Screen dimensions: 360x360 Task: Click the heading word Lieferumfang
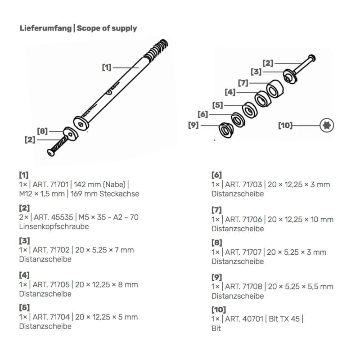[45, 28]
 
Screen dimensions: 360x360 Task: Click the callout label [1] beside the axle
[106, 67]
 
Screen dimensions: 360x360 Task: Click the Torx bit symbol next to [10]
[327, 125]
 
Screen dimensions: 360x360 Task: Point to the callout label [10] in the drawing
[285, 125]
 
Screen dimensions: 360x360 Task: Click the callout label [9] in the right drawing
[193, 125]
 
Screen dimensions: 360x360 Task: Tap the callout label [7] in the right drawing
[243, 83]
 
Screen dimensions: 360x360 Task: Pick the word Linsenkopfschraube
[54, 226]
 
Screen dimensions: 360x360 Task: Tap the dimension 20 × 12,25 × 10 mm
[301, 219]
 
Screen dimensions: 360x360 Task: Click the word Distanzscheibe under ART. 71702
[45, 259]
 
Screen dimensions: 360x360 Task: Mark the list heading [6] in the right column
[216, 175]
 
